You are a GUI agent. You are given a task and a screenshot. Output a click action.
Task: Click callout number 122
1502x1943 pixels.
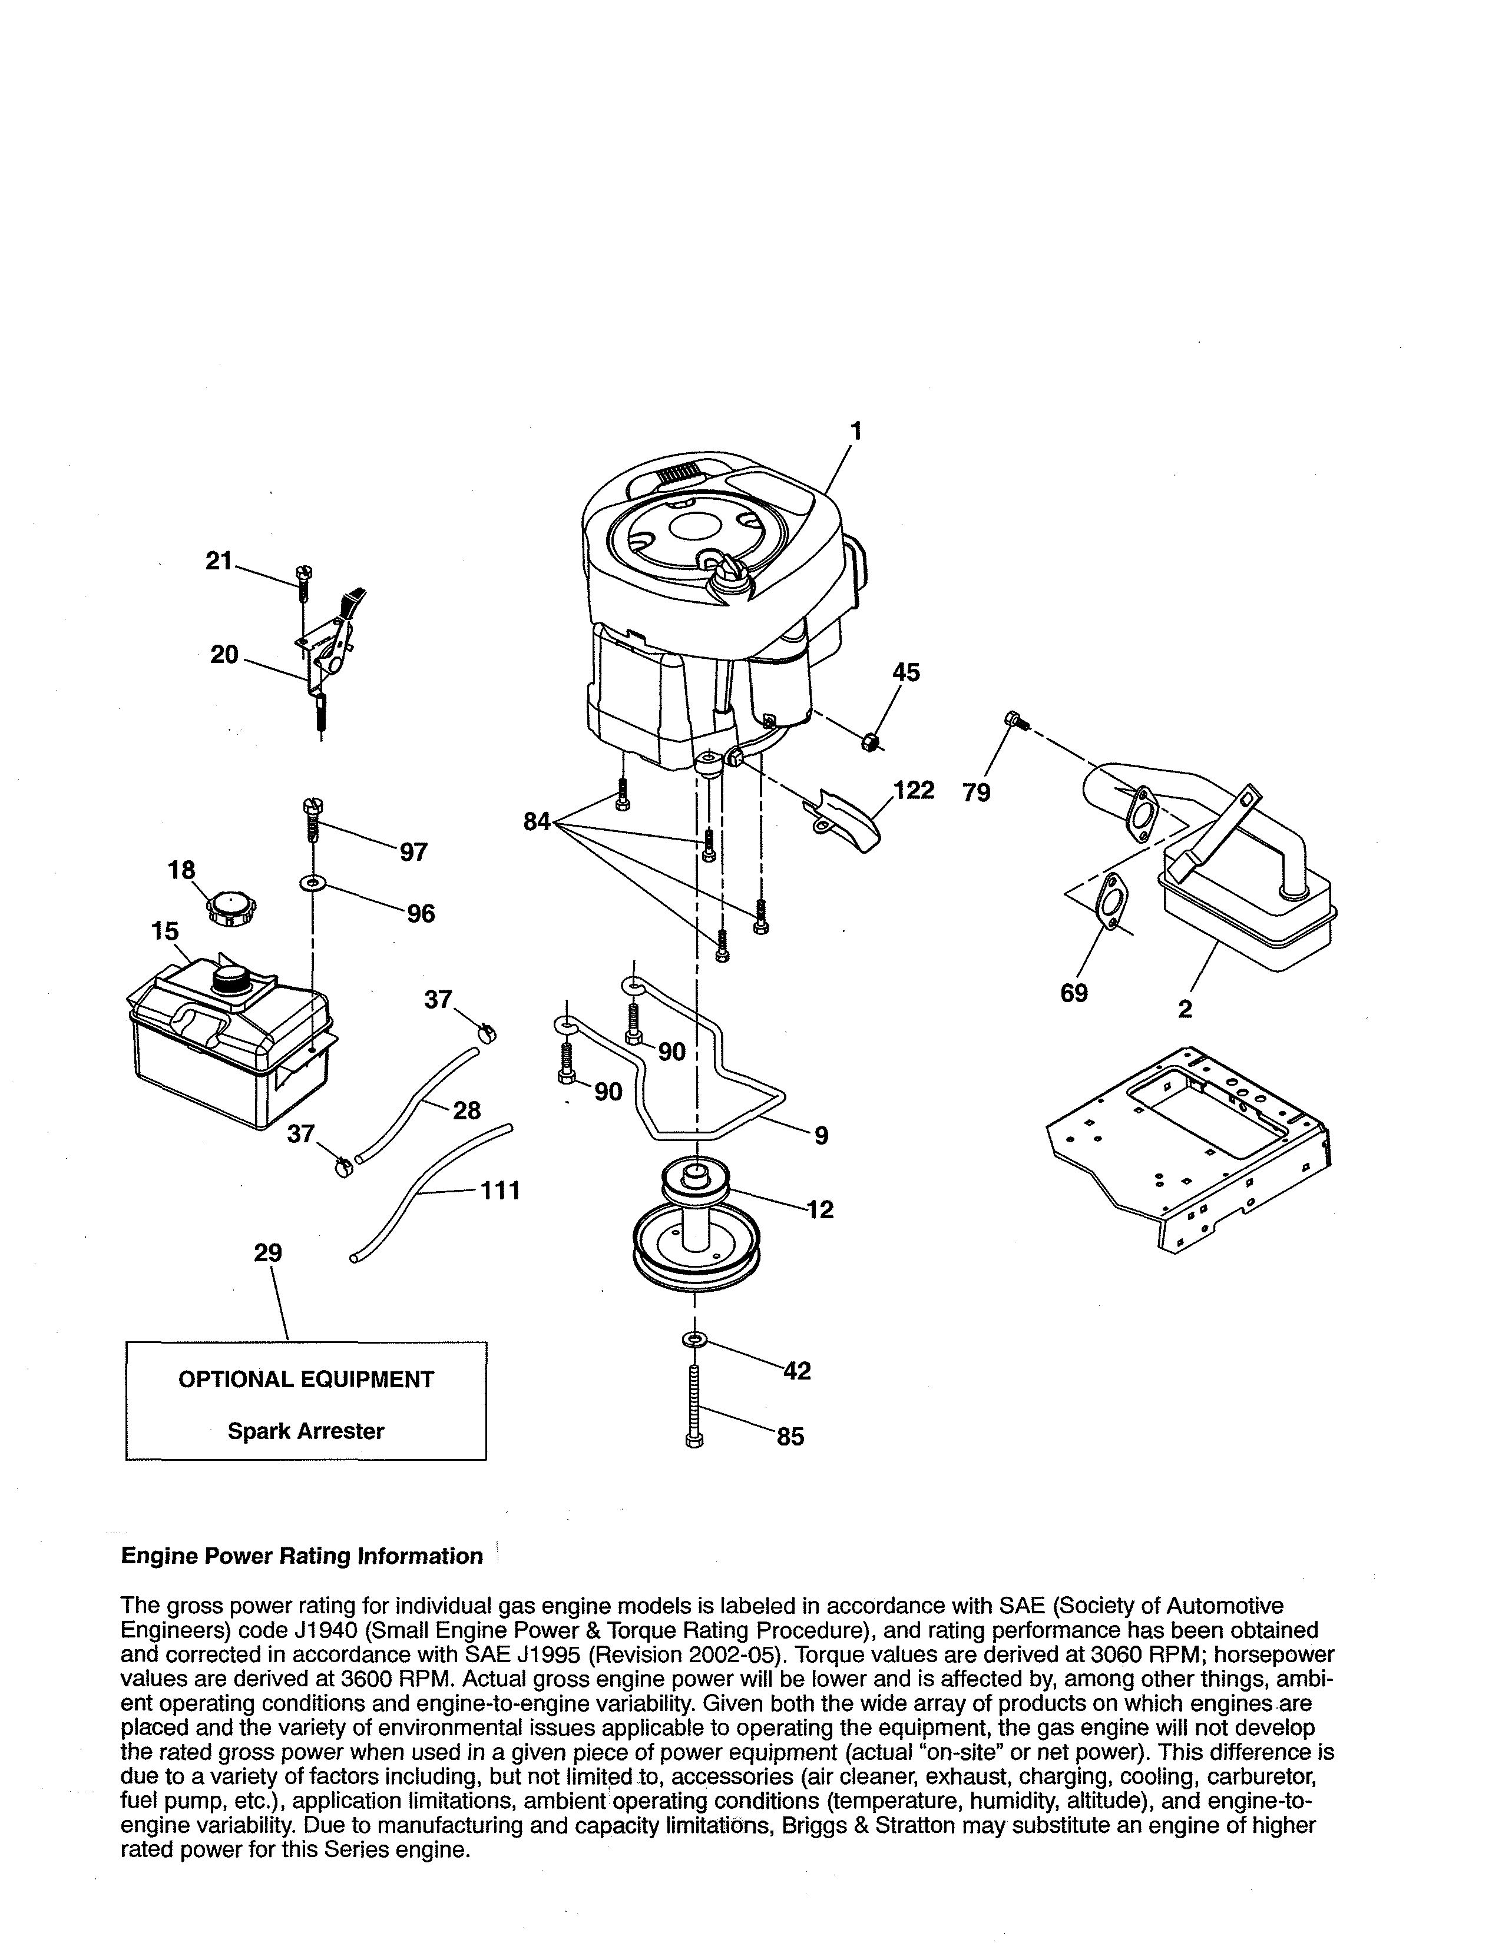914,790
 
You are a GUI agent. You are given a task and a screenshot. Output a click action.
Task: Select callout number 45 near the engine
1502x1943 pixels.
906,672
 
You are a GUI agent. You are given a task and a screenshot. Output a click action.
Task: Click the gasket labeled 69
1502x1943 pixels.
1109,900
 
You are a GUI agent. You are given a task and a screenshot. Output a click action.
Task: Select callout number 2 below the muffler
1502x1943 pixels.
1185,1009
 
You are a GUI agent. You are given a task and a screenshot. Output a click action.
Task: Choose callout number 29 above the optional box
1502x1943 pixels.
268,1252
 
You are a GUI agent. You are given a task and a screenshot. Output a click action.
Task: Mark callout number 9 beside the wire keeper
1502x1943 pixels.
821,1135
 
